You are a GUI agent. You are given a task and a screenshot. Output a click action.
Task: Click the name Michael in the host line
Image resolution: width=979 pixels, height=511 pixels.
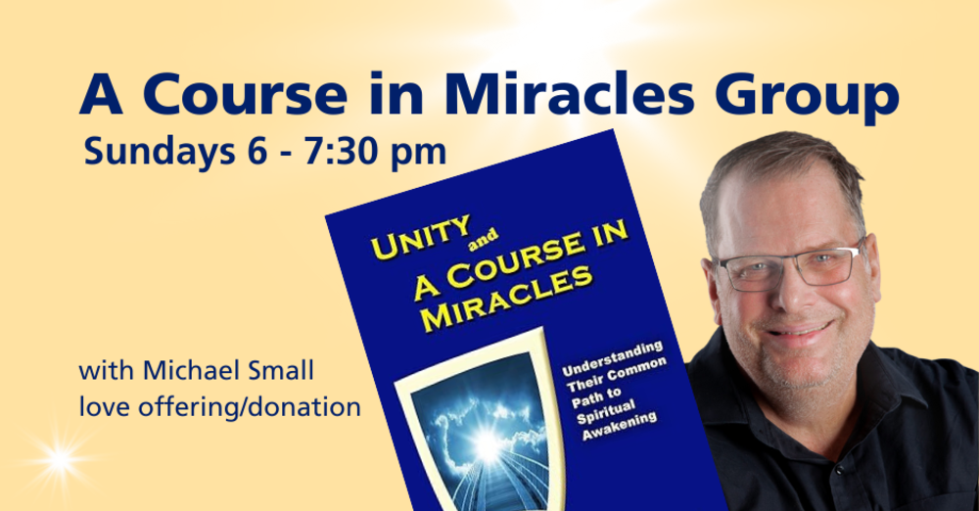(x=186, y=372)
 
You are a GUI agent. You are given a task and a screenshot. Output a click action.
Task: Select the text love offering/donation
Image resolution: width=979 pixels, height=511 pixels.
(x=220, y=405)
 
